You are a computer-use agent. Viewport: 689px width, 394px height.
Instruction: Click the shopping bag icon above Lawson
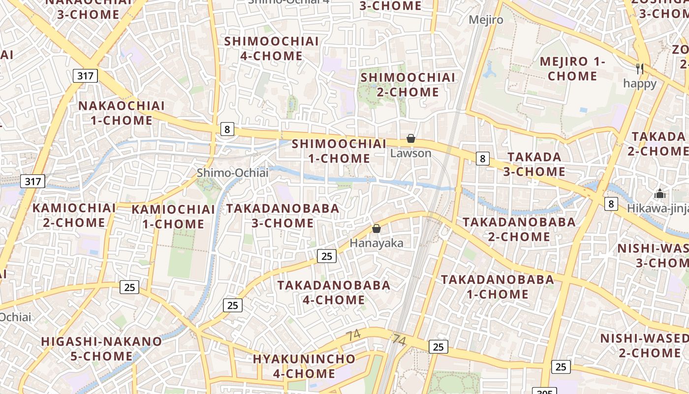tap(411, 139)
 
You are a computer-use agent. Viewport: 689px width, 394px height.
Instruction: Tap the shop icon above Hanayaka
tap(376, 229)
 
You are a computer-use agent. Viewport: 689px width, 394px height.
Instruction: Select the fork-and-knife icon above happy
tap(640, 68)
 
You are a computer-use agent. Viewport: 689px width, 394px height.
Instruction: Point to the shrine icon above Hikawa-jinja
tap(660, 194)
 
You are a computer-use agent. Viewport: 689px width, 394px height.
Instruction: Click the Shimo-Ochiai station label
tap(233, 173)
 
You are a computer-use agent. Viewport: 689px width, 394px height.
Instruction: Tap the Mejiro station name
tap(486, 20)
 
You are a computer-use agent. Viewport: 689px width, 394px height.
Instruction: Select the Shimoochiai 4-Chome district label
tap(272, 48)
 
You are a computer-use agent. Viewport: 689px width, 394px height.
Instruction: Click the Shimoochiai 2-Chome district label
tap(408, 85)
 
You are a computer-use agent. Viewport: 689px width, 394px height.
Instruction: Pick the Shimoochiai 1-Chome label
tap(339, 151)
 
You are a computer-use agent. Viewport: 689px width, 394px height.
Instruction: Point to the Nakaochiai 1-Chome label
tap(122, 113)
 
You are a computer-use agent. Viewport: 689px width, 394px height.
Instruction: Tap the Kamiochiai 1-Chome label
tap(173, 217)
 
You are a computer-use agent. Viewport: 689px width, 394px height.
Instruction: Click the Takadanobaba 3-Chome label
tap(283, 216)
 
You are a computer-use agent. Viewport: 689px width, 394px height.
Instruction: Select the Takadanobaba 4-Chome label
tap(334, 292)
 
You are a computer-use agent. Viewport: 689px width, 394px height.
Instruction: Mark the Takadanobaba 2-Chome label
tap(519, 229)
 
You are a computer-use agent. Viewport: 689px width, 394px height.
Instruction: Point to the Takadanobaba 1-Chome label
tap(498, 287)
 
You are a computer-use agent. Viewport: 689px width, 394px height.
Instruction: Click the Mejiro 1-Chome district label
tap(572, 69)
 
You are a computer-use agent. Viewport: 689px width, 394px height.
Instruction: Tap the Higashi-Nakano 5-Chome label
tap(101, 348)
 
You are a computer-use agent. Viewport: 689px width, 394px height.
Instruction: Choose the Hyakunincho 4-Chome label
tap(304, 366)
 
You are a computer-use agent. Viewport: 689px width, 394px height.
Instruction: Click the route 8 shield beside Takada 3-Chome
tap(483, 158)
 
